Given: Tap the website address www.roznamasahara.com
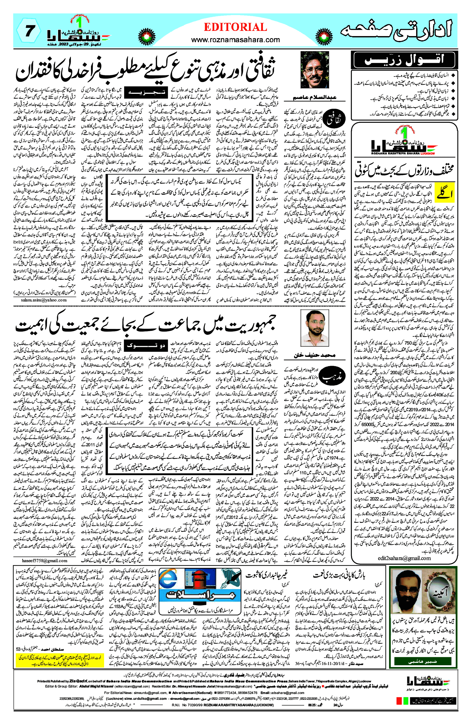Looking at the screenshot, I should tap(235, 40).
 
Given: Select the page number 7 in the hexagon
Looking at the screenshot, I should tap(29, 31).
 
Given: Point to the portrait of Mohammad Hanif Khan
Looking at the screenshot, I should tap(315, 328).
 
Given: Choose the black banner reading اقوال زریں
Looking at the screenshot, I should tap(404, 60).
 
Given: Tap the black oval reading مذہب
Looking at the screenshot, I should tap(334, 377).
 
